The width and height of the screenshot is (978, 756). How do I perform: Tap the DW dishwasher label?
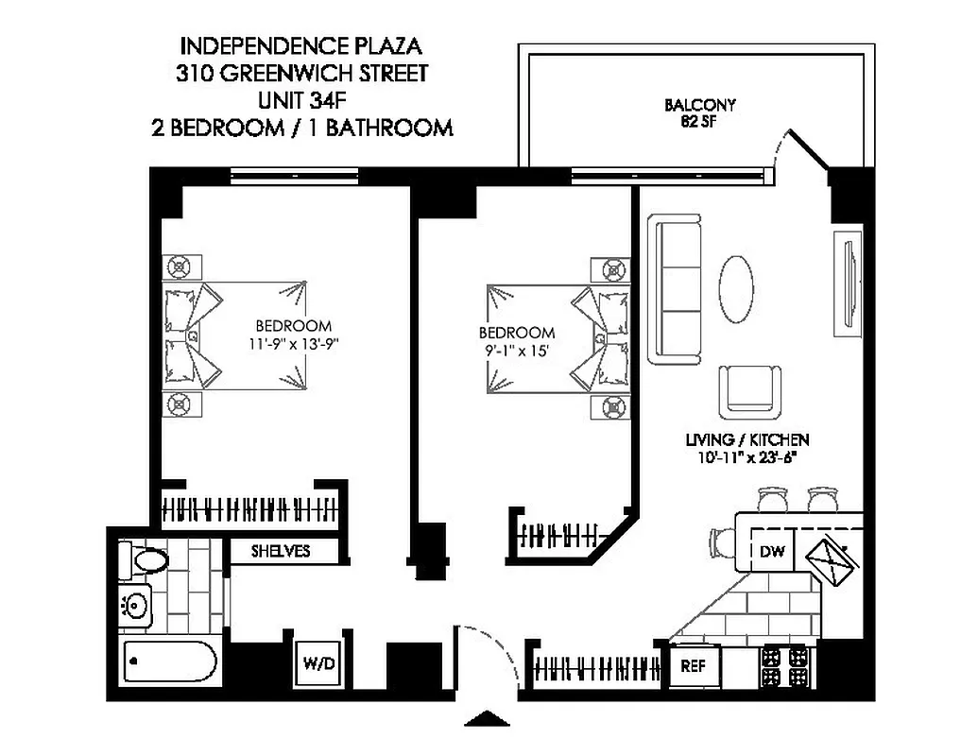[x=771, y=553]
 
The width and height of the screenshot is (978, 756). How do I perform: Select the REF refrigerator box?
[x=695, y=665]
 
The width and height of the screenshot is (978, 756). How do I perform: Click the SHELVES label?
[x=281, y=551]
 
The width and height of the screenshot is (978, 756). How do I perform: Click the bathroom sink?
[x=137, y=603]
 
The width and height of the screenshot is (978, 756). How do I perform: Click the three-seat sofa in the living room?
[x=676, y=290]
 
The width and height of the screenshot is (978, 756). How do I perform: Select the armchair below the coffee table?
[x=750, y=391]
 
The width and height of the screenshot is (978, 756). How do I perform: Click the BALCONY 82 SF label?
[x=699, y=112]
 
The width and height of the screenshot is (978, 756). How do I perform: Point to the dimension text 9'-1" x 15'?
[x=517, y=350]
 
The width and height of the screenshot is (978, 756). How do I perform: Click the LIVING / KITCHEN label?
[x=747, y=440]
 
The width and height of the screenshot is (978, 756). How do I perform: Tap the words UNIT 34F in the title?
[x=300, y=99]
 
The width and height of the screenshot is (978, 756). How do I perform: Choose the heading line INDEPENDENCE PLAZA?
[x=300, y=45]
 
